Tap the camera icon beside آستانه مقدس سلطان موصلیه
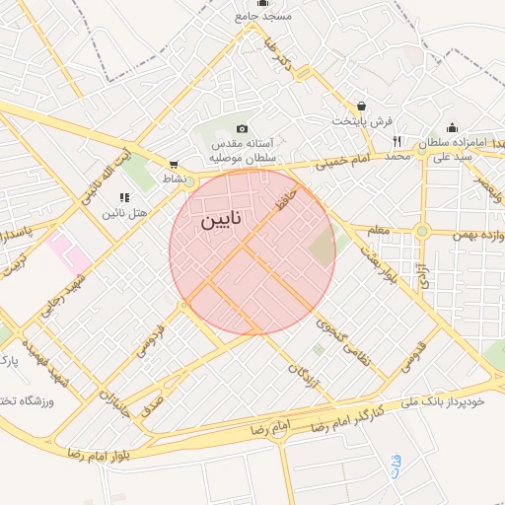243,129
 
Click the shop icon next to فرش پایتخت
362,107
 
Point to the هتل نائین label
124,212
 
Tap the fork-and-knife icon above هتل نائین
124,197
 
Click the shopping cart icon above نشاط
174,165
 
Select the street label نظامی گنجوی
342,342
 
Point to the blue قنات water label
396,465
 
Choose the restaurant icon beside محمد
397,142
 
